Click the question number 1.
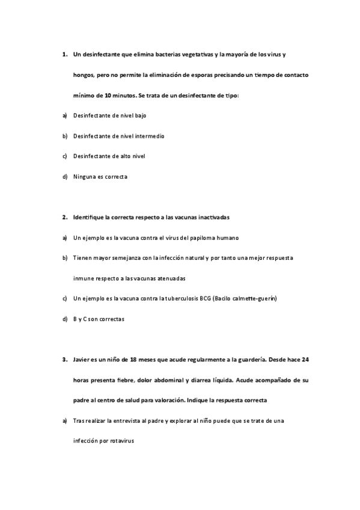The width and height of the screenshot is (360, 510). tap(64, 54)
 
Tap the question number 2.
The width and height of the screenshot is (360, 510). tap(64, 217)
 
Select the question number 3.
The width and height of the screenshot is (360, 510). tap(64, 360)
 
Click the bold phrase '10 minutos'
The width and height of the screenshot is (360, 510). tap(120, 96)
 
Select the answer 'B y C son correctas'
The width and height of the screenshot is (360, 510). tap(99, 319)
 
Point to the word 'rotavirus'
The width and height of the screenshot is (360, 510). tap(122, 441)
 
